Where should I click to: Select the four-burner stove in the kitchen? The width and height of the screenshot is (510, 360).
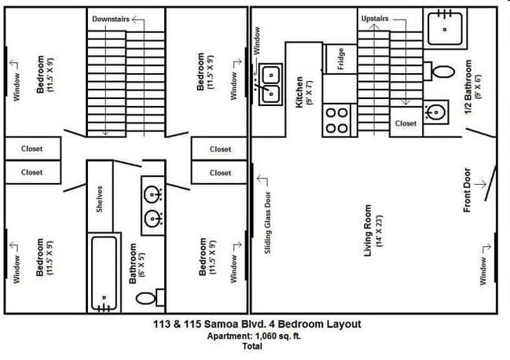coord(337,120)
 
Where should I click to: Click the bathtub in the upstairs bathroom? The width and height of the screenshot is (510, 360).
coord(104,273)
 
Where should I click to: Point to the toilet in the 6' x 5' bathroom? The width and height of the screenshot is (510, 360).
coord(148,298)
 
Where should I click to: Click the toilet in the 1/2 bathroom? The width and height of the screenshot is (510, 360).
coord(442,72)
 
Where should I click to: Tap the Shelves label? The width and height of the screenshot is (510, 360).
coord(100,198)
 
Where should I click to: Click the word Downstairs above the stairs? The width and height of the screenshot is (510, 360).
coord(110,18)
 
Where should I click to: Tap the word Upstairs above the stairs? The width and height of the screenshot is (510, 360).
coord(374,18)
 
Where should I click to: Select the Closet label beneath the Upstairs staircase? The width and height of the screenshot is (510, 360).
coord(405,123)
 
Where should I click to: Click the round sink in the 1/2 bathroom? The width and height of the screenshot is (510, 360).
coord(434,111)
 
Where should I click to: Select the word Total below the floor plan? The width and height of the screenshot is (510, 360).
coord(252,346)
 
